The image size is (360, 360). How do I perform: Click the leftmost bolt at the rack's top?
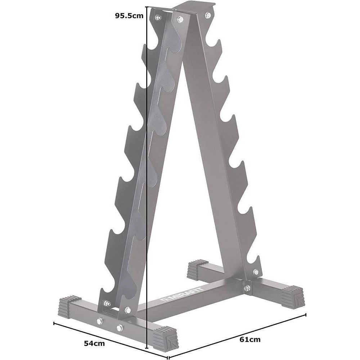158,17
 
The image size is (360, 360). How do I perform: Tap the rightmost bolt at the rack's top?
208,15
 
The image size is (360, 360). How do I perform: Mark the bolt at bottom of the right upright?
256,272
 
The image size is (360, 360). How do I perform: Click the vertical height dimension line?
147,180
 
